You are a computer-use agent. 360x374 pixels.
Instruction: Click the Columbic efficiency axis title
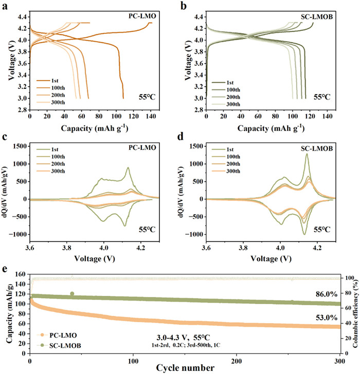pyautogui.click(x=355, y=316)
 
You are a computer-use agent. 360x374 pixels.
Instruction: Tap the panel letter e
pyautogui.click(x=5, y=270)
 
